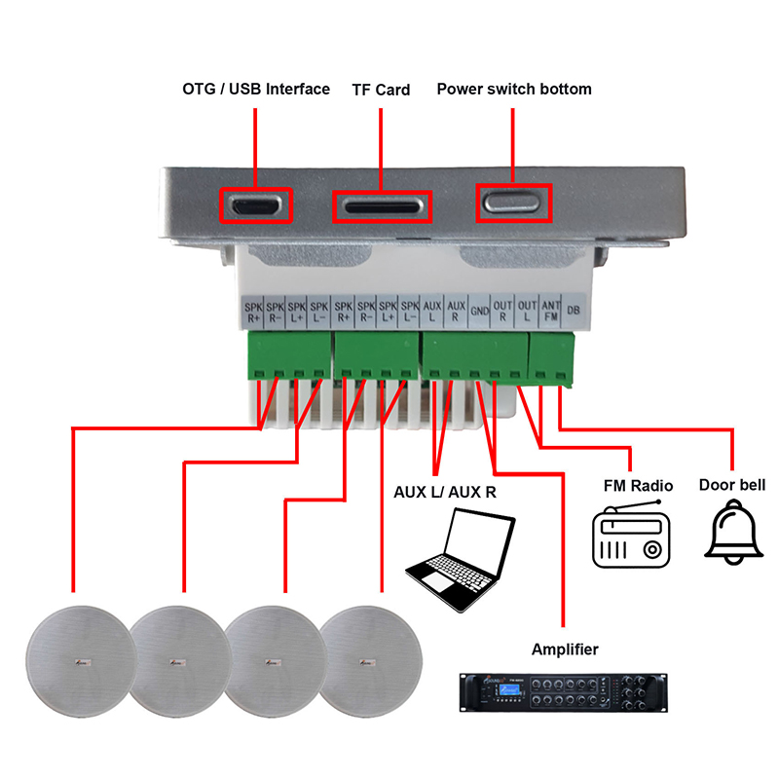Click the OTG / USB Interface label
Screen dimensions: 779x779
(256, 89)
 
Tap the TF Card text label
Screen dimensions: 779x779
(381, 90)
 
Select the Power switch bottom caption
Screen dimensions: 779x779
(513, 89)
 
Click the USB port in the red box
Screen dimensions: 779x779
(255, 204)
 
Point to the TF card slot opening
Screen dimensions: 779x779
(381, 205)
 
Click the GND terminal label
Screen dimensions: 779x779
(480, 312)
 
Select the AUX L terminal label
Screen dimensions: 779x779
(433, 311)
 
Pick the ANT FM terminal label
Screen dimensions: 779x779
(550, 311)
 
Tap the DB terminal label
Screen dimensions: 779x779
(574, 312)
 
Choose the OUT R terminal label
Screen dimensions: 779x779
(503, 311)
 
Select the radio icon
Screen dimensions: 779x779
(632, 537)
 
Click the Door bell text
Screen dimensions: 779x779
(732, 484)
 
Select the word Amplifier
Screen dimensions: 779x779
(565, 649)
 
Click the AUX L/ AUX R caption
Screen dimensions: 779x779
(445, 492)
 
